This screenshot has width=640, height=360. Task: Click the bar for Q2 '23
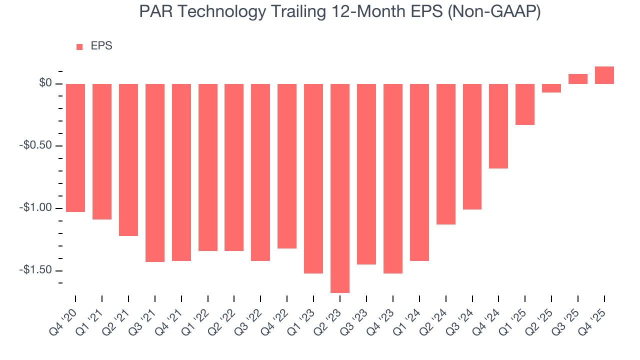pos(340,188)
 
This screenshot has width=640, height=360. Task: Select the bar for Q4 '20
pos(75,147)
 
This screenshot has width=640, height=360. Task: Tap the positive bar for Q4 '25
pos(604,75)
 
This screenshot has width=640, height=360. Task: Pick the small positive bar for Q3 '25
pos(578,79)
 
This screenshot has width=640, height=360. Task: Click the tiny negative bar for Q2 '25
pos(551,88)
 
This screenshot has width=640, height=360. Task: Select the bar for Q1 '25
pos(525,104)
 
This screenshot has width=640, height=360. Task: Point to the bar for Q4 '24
pos(498,126)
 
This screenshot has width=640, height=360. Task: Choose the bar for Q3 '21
pos(155,172)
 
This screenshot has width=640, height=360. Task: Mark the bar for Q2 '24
pos(446,154)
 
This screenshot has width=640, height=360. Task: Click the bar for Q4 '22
pos(287,166)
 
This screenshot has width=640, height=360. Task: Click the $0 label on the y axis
pos(46,83)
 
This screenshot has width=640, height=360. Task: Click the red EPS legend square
pos(79,47)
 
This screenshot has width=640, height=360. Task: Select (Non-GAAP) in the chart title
pos(495,12)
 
